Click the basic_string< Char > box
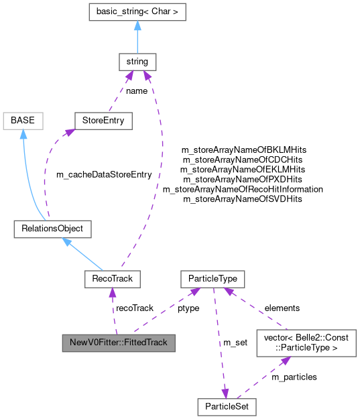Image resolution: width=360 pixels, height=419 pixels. (x=137, y=11)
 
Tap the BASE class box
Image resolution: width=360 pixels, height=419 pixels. (x=23, y=121)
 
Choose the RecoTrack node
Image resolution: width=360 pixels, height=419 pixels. (x=112, y=278)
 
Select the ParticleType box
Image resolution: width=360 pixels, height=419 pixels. (x=213, y=278)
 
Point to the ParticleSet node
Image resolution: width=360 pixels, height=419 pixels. (x=227, y=406)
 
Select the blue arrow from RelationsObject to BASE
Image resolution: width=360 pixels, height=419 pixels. (x=28, y=174)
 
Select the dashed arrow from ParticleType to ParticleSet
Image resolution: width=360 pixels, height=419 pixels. (x=219, y=342)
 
